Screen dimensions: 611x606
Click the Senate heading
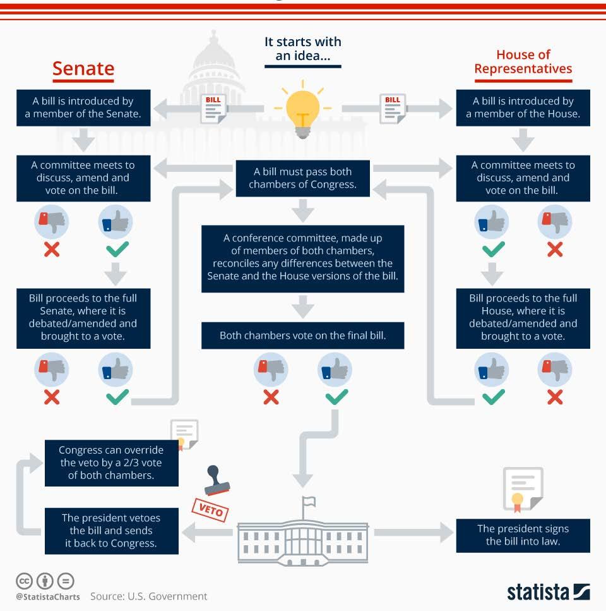click(83, 68)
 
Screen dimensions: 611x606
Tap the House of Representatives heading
click(523, 62)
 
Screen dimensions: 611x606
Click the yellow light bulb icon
click(303, 111)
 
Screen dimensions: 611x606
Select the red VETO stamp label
click(210, 509)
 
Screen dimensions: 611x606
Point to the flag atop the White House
click(308, 502)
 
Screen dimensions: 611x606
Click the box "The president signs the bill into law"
click(523, 535)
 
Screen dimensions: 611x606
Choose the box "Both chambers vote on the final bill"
click(302, 336)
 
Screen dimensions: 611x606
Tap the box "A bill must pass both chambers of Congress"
click(302, 178)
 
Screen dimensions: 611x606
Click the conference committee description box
click(302, 258)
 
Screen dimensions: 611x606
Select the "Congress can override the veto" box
click(111, 463)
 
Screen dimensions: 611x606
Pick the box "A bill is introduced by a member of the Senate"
click(83, 107)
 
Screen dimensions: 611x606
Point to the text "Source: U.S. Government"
click(148, 596)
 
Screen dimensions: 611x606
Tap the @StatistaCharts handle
click(48, 596)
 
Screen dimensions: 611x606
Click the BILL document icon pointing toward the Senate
click(213, 108)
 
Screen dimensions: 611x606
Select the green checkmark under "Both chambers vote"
click(336, 397)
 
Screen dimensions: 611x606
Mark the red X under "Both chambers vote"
click(271, 397)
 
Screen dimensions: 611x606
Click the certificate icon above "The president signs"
click(523, 489)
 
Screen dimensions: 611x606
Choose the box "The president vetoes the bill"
click(111, 531)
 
